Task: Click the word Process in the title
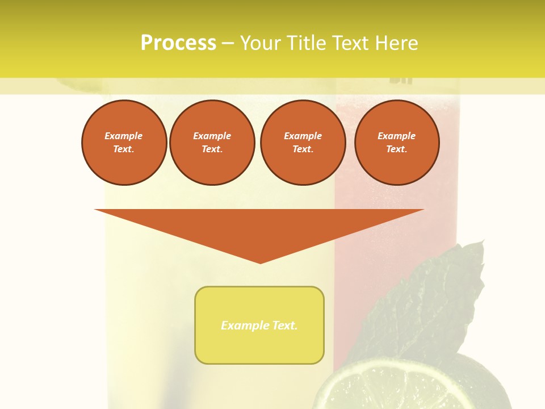pos(178,43)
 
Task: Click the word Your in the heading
pos(261,43)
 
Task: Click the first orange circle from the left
pos(124,143)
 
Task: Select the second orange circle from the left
pos(212,143)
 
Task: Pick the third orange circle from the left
pos(303,143)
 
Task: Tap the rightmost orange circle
pos(396,143)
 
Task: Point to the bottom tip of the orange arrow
pos(261,262)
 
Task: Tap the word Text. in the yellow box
pos(285,325)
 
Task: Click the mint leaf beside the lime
pos(431,301)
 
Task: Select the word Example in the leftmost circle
pos(124,136)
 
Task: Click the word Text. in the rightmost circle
pos(396,149)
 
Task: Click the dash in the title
pos(228,43)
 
